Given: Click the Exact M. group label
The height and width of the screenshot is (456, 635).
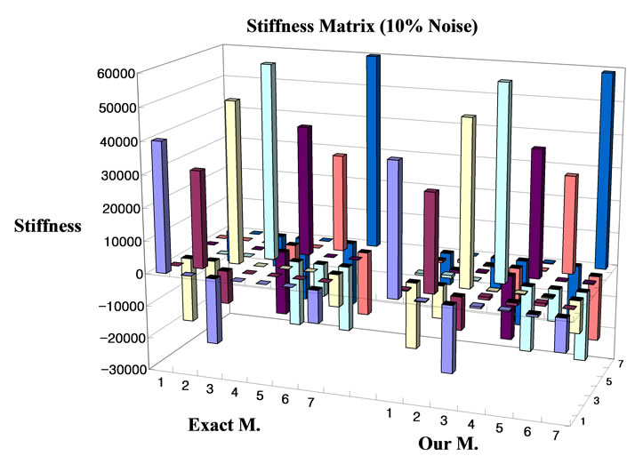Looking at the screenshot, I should coord(224,425).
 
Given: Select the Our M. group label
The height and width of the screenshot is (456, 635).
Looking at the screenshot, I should coord(448,442).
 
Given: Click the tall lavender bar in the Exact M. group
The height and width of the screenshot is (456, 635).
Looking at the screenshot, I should coord(160,204).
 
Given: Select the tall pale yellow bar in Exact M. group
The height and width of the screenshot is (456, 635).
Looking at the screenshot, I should coord(232,178).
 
